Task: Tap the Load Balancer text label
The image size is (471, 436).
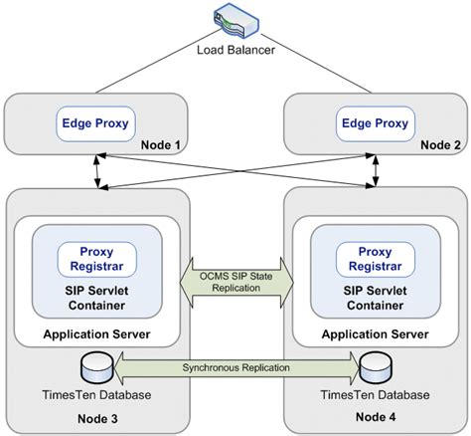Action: [x=235, y=50]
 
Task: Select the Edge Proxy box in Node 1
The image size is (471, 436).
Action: [x=95, y=123]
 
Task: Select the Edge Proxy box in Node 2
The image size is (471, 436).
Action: [x=375, y=123]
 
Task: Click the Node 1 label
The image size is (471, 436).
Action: [x=161, y=145]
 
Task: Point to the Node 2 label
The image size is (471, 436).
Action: [x=440, y=145]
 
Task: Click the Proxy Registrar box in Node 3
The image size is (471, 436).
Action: [x=97, y=259]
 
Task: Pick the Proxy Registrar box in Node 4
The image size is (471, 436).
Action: [x=376, y=259]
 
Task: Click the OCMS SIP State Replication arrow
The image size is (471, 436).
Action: [x=236, y=283]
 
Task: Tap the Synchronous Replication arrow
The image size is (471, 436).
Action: [x=236, y=367]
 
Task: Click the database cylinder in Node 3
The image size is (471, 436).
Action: [x=97, y=368]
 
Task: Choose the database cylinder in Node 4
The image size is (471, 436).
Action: [x=376, y=368]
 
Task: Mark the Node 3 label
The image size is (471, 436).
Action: [x=97, y=419]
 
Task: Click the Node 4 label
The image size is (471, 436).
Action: [x=376, y=417]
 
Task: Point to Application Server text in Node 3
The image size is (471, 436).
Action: [x=96, y=334]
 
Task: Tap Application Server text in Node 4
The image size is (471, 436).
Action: [x=376, y=334]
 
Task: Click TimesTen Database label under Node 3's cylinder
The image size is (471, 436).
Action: [x=96, y=395]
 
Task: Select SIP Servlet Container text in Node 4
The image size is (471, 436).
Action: [x=376, y=298]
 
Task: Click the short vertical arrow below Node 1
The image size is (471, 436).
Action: [x=97, y=171]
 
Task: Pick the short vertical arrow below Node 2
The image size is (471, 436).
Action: [x=376, y=171]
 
